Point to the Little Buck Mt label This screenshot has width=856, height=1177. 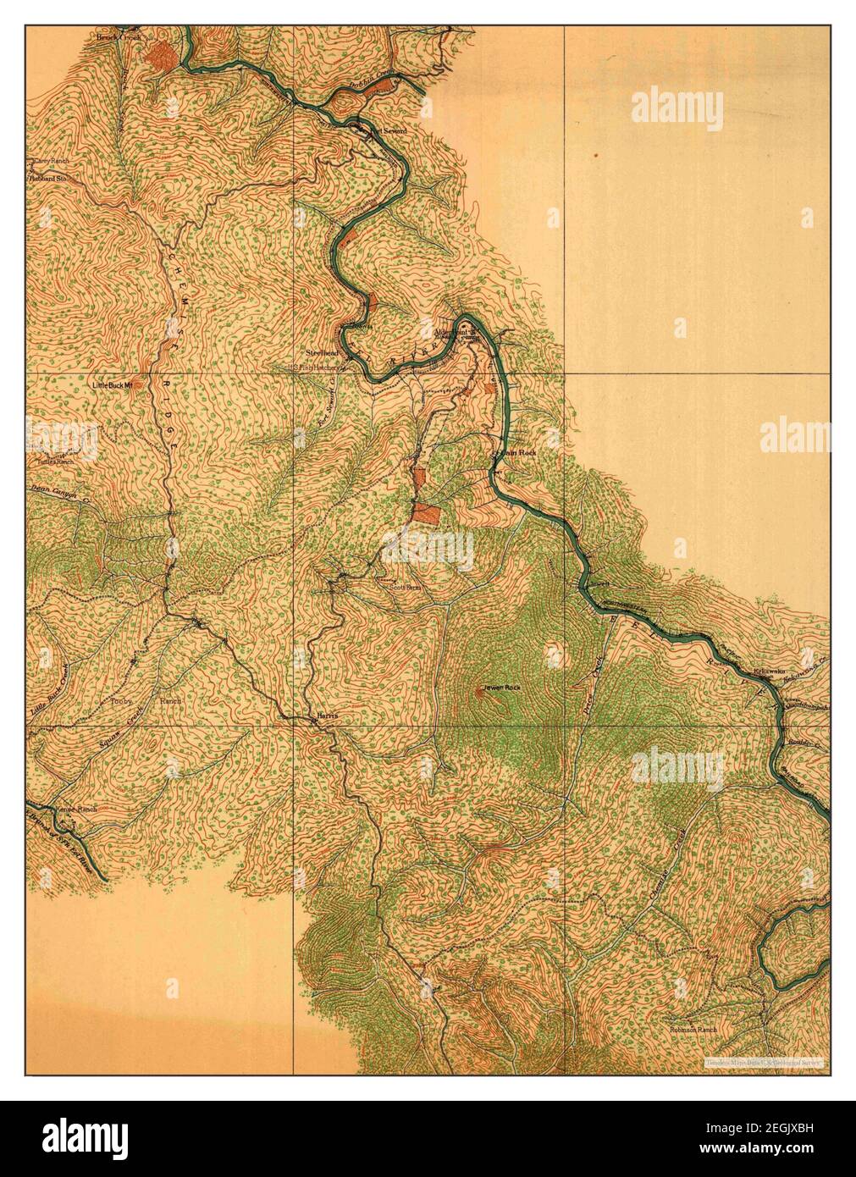113,385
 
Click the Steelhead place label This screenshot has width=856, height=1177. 323,351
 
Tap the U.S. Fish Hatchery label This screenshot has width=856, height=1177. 323,368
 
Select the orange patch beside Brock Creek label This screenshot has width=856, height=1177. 159,55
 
